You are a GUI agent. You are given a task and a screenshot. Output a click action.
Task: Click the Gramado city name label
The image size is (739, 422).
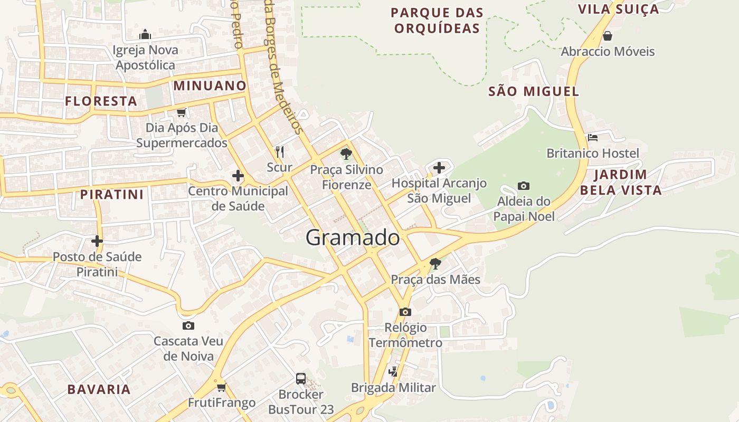coord(353,237)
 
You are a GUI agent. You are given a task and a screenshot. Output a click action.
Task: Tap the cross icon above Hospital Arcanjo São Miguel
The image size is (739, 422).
coord(439,168)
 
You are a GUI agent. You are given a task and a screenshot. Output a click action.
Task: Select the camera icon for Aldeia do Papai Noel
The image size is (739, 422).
coord(524,186)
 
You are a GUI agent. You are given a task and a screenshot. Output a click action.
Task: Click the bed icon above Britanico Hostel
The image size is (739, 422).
coord(593,138)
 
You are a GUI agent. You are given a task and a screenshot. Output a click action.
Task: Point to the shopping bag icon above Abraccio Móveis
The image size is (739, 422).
coord(608,36)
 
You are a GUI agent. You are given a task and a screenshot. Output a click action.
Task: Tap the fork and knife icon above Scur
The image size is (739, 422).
coord(280,152)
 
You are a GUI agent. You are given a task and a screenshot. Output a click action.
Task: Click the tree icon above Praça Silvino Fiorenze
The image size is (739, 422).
coord(346,154)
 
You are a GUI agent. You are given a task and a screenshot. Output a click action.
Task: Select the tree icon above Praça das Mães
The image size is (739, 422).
coord(435,263)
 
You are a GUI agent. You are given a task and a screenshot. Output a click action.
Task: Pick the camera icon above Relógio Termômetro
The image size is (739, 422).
coord(405,312)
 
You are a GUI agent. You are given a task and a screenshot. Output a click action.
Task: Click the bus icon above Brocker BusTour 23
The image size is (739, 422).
coord(301,378)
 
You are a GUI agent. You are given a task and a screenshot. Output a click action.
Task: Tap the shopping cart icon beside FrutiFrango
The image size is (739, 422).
coord(221,388)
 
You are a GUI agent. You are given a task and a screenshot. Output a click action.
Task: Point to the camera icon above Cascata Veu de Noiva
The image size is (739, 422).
coord(188,325)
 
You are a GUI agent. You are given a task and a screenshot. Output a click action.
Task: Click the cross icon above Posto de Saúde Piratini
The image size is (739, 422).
coord(97,241)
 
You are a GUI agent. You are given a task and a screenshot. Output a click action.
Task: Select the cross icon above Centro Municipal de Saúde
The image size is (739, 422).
coord(238,176)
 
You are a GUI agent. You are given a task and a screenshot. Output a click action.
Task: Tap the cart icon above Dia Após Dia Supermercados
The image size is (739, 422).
coord(182,112)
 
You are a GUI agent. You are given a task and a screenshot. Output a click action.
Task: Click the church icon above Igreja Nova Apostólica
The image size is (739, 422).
coord(145,35)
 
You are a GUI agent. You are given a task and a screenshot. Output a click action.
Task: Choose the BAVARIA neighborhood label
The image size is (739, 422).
coord(99,389)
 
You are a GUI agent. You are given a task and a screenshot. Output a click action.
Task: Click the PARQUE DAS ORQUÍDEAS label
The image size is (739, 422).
coord(438,20)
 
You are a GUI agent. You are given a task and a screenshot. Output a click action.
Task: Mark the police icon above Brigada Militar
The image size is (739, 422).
coord(393,371)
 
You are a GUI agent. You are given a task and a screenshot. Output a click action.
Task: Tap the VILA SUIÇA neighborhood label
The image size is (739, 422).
coord(619,9)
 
